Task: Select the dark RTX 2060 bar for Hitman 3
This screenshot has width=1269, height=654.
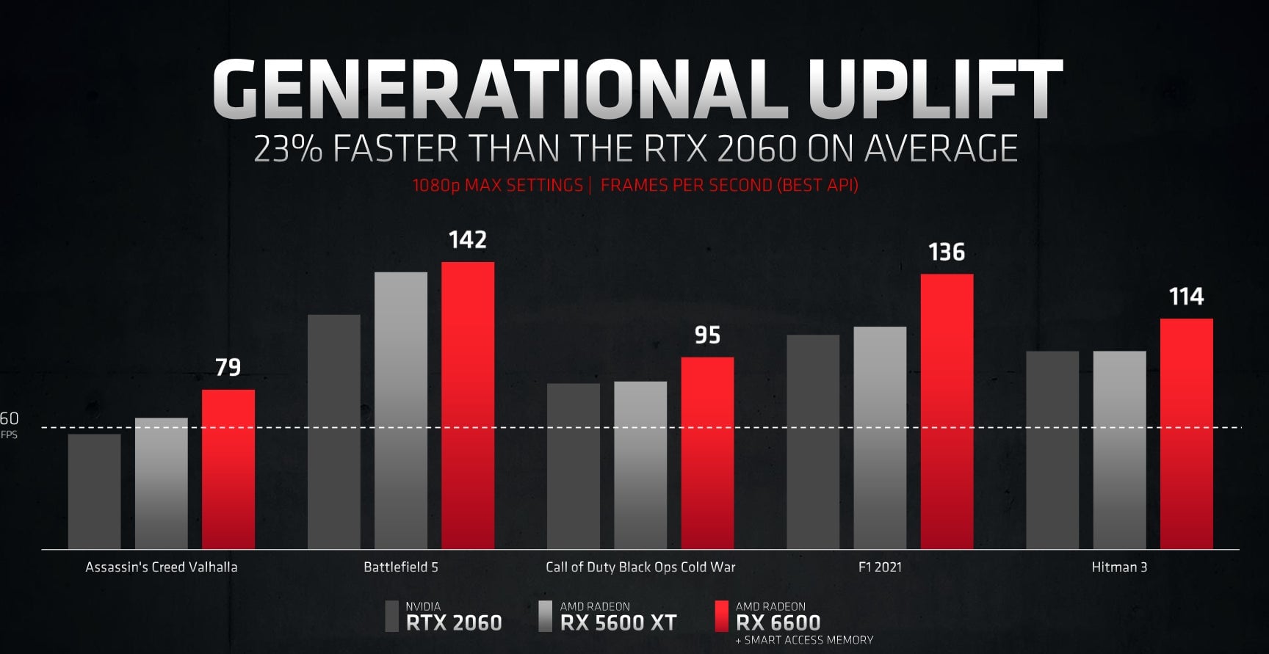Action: pos(1052,449)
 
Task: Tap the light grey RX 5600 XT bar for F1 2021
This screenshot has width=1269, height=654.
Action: pos(880,437)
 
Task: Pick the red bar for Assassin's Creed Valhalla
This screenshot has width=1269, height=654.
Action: pos(228,469)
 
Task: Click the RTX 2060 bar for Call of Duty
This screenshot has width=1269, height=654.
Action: pos(574,465)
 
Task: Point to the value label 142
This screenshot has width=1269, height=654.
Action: pos(468,240)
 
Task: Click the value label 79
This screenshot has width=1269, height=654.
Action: pos(228,367)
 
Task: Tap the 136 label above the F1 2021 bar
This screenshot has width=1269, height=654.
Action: pos(947,252)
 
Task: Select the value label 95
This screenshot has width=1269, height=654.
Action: pos(707,335)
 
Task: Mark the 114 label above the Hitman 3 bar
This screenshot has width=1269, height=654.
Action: pos(1186,297)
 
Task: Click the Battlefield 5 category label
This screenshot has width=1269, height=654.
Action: pos(401,567)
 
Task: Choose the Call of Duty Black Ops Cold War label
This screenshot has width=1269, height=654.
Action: pos(640,567)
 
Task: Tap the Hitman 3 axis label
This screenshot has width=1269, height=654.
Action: pos(1119,567)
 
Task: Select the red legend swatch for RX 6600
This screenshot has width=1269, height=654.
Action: pos(721,617)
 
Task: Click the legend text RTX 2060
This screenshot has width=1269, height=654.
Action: pos(454,622)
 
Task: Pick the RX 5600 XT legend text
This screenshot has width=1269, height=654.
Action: pos(618,622)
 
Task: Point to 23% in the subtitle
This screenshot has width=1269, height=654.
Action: pos(288,149)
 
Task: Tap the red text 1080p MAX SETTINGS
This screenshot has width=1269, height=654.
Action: pos(497,185)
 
